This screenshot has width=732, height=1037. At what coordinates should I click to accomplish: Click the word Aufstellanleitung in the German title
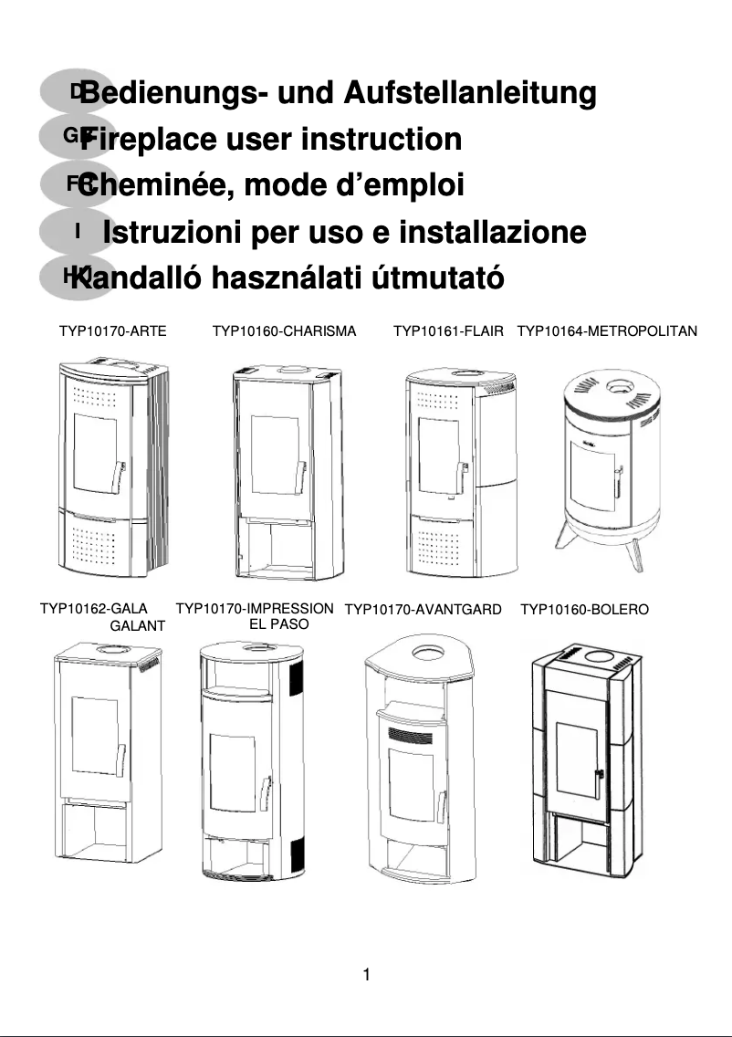[470, 93]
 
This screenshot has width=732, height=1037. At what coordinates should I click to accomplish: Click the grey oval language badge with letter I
[78, 232]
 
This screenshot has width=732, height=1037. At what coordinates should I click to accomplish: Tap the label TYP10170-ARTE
[112, 330]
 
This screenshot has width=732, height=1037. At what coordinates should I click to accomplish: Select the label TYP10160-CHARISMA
[284, 330]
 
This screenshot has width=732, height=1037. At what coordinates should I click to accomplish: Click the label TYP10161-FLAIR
[448, 330]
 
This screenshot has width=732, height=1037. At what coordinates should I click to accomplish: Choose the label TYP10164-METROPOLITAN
[607, 330]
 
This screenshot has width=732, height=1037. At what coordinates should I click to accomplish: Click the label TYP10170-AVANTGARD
[423, 609]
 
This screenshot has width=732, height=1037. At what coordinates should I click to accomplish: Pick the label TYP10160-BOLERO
[584, 609]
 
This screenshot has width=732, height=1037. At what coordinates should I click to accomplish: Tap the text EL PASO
[278, 625]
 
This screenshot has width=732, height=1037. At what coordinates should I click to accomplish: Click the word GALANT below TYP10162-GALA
[137, 626]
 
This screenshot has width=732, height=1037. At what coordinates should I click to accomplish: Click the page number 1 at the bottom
[366, 975]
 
